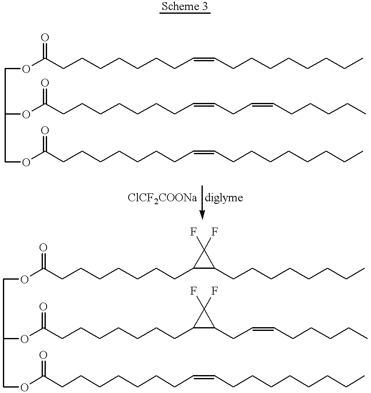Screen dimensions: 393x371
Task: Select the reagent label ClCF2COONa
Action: pyautogui.click(x=162, y=198)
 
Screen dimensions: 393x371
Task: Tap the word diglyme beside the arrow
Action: pyautogui.click(x=224, y=198)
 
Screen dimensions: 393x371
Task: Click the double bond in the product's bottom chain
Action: pyautogui.click(x=204, y=377)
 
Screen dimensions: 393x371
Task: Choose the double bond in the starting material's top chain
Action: pyautogui.click(x=204, y=60)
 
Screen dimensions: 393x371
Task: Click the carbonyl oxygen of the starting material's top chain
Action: pyautogui.click(x=45, y=38)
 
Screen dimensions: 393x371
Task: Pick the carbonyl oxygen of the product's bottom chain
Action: pyautogui.click(x=43, y=355)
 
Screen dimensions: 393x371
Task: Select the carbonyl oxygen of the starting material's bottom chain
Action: pyautogui.click(x=45, y=130)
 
